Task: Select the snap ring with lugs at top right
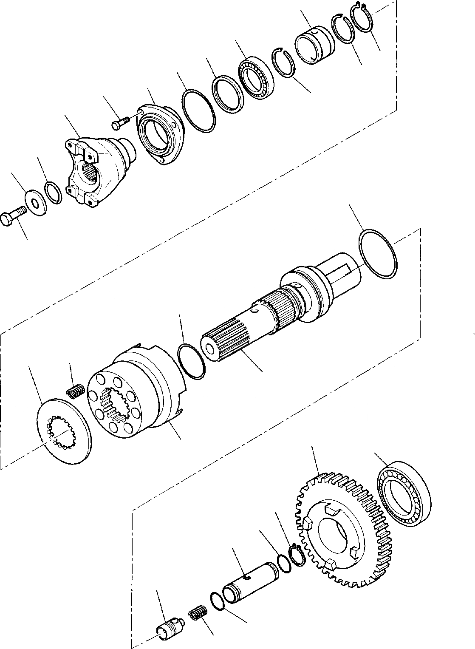363,17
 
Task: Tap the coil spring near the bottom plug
196,615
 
